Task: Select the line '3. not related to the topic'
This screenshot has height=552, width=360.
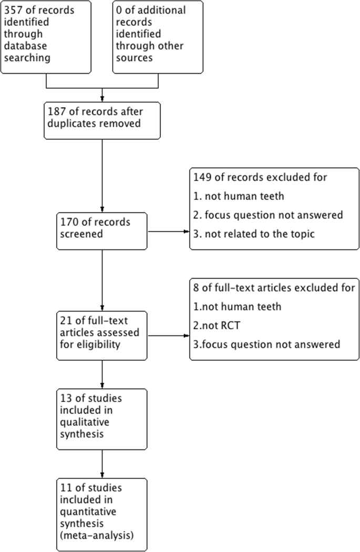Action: click(254, 234)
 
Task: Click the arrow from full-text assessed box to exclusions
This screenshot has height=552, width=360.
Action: click(168, 335)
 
